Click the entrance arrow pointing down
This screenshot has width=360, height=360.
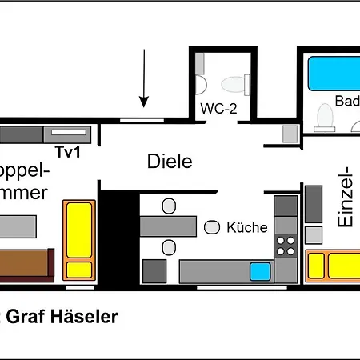point(145,78)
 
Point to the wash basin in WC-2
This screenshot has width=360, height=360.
point(201,83)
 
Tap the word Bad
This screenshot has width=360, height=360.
point(347,102)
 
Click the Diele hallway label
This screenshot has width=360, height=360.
point(170,161)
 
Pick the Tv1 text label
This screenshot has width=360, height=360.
point(68,151)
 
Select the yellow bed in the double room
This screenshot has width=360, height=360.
point(78,238)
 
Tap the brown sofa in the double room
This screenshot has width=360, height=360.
point(24,262)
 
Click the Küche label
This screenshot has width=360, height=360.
point(246,227)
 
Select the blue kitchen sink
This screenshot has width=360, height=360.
point(259,271)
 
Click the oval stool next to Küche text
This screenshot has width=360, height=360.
point(212,228)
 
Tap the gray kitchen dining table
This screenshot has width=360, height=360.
point(167,227)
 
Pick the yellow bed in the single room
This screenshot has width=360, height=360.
point(332,262)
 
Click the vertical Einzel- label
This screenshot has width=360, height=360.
point(345,197)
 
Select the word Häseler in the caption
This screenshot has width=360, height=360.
point(88,317)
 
